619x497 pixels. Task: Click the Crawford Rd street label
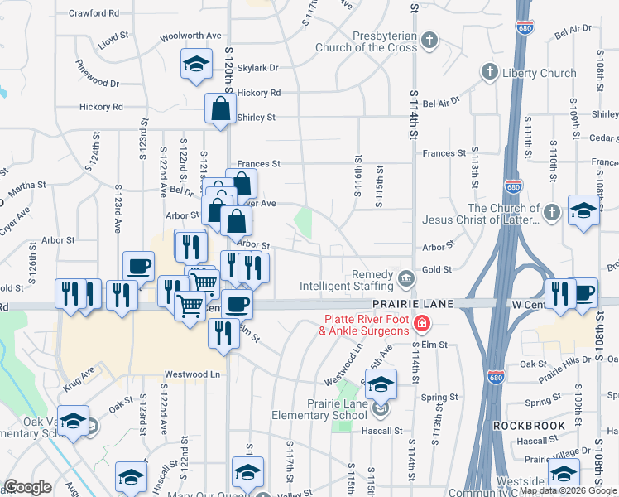pyautogui.click(x=94, y=13)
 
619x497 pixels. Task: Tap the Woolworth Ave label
pyautogui.click(x=191, y=36)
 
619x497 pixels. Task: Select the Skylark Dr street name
pyautogui.click(x=257, y=68)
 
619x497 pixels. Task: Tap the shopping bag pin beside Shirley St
pyautogui.click(x=221, y=109)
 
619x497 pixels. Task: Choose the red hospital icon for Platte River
pyautogui.click(x=422, y=322)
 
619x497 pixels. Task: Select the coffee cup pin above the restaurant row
pyautogui.click(x=138, y=267)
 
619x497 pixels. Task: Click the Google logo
pyautogui.click(x=28, y=487)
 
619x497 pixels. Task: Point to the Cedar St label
pyautogui.click(x=605, y=138)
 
